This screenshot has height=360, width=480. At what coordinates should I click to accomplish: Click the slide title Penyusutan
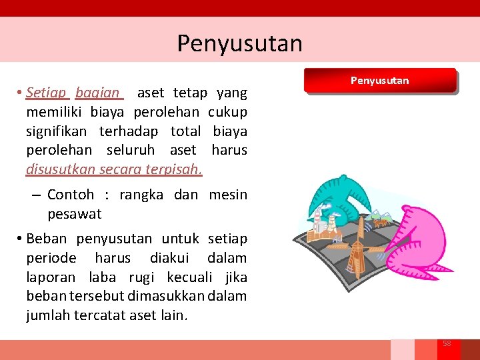point(239,43)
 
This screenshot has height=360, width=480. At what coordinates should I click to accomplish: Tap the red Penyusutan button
point(379,81)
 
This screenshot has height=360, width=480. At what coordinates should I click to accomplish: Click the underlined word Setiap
point(47,92)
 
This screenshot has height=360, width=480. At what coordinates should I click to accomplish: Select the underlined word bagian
point(98,92)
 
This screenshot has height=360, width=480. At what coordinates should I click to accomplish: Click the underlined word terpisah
point(177,169)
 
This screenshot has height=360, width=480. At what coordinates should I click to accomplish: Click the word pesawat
point(75,214)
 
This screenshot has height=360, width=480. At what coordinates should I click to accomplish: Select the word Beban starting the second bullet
point(48,239)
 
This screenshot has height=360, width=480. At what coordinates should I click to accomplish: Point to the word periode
point(51,258)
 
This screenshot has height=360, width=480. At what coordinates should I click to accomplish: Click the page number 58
point(447,343)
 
